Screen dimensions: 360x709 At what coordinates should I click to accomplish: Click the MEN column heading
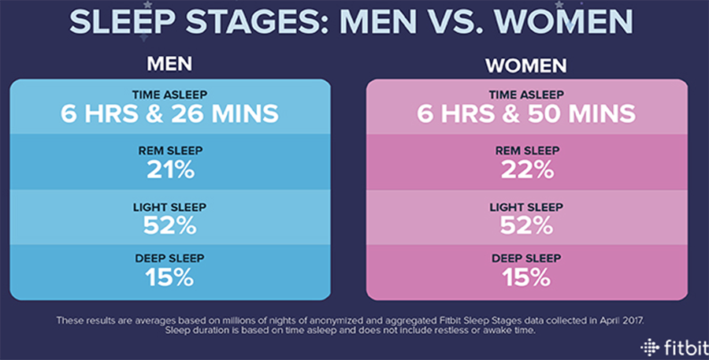(x=170, y=63)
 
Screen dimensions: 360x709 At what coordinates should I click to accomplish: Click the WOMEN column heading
(x=527, y=63)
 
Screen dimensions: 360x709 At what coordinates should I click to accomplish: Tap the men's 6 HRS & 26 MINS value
(x=170, y=113)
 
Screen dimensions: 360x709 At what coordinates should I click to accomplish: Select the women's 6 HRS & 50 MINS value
(x=527, y=113)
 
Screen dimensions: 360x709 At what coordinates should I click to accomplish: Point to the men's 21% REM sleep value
(x=170, y=168)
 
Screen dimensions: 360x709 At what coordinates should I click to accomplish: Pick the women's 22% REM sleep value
(x=527, y=168)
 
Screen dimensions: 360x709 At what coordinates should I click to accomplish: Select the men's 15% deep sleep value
(x=170, y=276)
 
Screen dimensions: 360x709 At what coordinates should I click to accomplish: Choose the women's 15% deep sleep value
(x=527, y=276)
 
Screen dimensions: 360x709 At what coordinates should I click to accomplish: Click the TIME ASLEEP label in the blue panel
(x=170, y=94)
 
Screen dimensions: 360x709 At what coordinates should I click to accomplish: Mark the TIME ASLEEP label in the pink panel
(x=527, y=94)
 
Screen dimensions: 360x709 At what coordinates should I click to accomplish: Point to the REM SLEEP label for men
(x=170, y=150)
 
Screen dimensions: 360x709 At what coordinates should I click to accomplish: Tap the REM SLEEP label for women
(x=527, y=150)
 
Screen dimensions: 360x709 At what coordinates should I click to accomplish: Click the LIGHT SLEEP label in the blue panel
(x=170, y=206)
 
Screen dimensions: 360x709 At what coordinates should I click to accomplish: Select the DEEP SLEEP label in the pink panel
(x=527, y=258)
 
